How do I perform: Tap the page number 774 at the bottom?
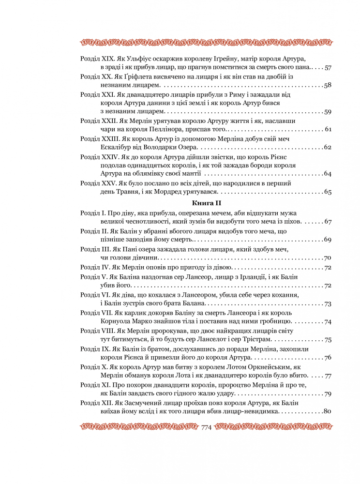tap(207, 427)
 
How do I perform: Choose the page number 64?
tap(327, 174)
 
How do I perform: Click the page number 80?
tap(327, 412)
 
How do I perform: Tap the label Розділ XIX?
tap(96, 59)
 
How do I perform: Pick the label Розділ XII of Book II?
tap(95, 403)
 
